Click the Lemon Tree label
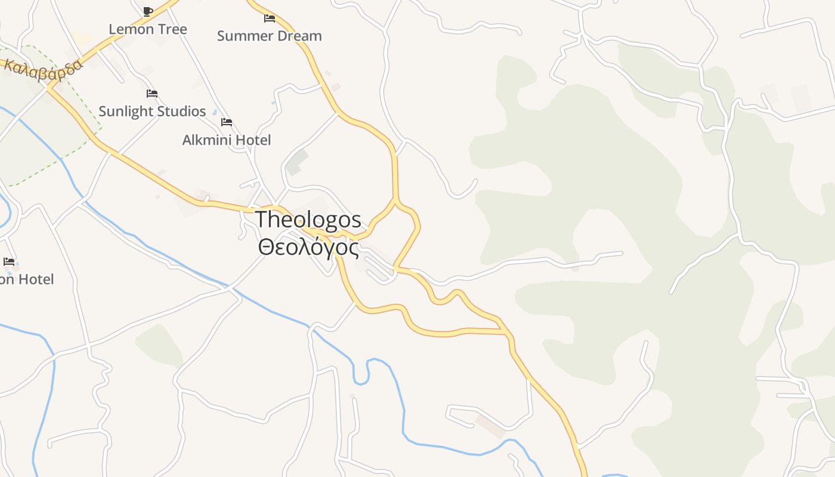coord(147,29)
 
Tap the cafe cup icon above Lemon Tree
coord(148,11)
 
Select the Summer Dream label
coord(269,36)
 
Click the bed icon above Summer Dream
coord(270,18)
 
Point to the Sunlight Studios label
coord(152,111)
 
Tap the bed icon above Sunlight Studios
coord(152,94)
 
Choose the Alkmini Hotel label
coord(226,140)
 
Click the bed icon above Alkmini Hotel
coord(227,122)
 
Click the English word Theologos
coord(308,220)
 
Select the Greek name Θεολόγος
coord(308,247)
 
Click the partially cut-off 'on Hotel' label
coord(27,279)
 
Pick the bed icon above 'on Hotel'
coord(9,261)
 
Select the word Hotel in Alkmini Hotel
coord(252,140)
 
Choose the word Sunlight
coord(123,111)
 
